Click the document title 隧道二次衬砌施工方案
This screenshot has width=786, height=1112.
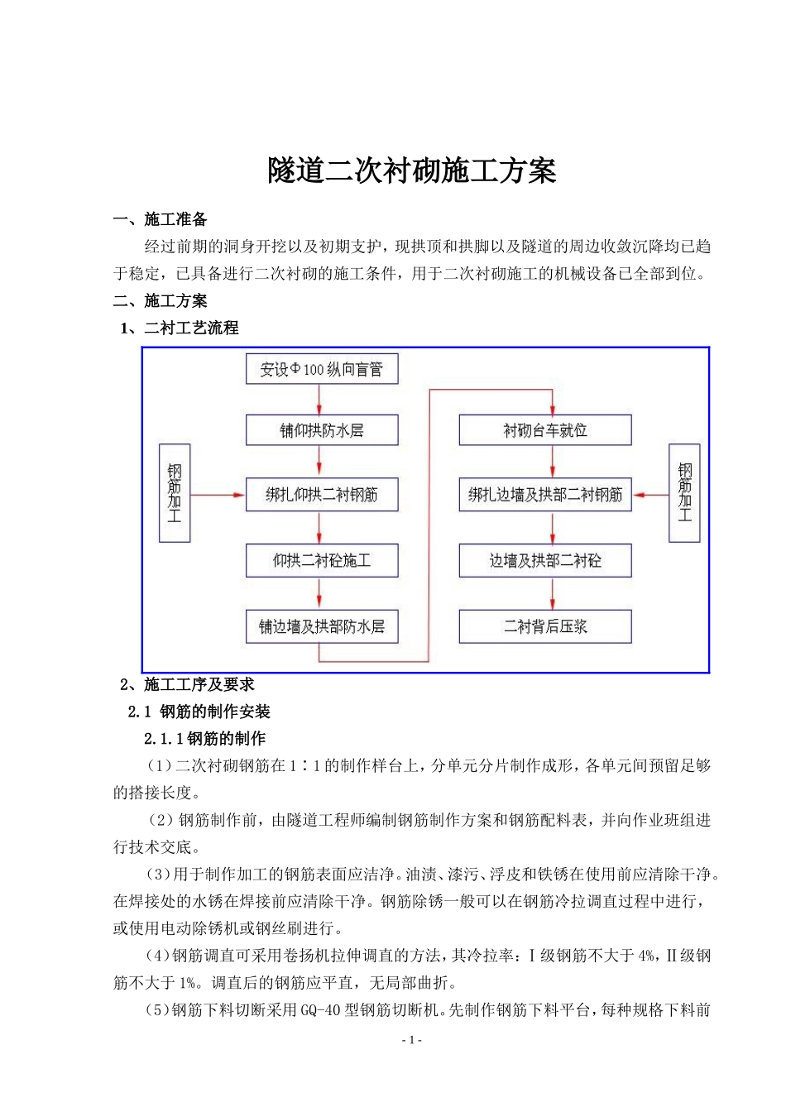(411, 171)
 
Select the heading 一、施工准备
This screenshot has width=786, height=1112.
(161, 219)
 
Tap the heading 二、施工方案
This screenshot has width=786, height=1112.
(161, 301)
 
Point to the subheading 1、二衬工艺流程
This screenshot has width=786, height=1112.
(180, 328)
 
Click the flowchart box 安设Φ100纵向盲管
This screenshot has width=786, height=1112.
(322, 369)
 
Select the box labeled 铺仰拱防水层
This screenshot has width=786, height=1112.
(322, 430)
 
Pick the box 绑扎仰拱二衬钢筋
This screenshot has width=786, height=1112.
(322, 495)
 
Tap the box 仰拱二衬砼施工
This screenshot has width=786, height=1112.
(322, 561)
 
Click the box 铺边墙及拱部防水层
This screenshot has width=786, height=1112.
(322, 626)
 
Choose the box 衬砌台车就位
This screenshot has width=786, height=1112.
(545, 430)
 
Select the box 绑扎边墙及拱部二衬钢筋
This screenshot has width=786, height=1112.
(545, 495)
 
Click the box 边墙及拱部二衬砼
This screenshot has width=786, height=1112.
(545, 561)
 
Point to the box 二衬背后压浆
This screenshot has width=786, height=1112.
(545, 626)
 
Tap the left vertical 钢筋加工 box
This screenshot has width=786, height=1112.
(175, 493)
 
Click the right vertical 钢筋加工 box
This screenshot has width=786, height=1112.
(684, 493)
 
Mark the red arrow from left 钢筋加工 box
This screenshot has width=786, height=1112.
(218, 496)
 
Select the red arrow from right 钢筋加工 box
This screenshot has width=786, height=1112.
(650, 496)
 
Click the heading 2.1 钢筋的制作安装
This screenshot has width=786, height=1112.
(199, 712)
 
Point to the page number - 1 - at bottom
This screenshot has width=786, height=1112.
(411, 1040)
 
